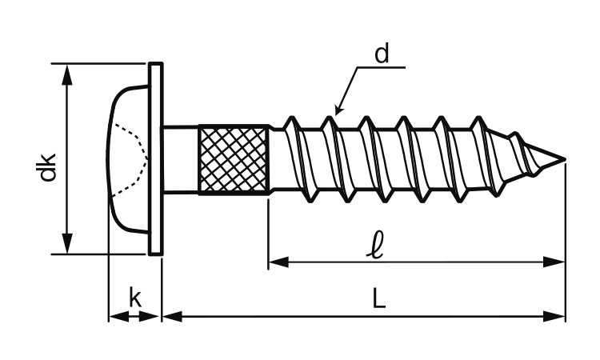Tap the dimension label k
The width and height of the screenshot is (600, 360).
click(135, 298)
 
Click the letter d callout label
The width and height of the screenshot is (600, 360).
click(382, 54)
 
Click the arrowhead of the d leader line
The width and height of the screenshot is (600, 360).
click(338, 110)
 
